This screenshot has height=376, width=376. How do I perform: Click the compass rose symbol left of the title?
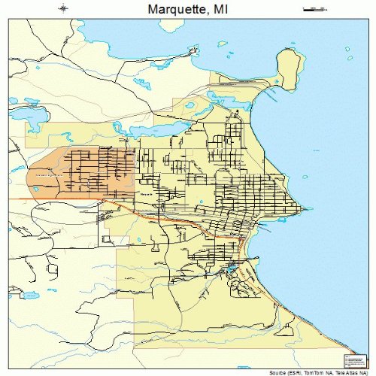point(64,10)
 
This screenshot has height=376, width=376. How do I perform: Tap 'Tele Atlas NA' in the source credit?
point(350,371)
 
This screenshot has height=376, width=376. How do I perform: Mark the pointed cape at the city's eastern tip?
point(302,209)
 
